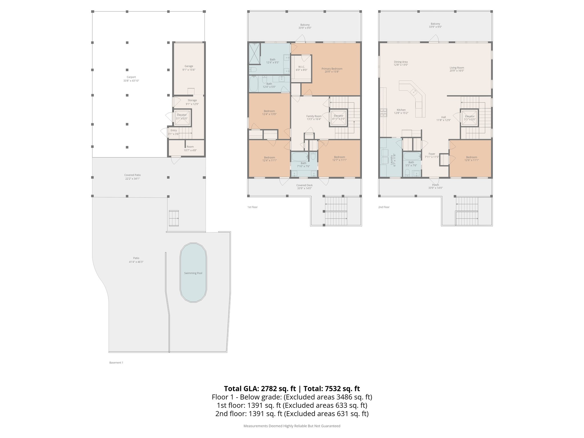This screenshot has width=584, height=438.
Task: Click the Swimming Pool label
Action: tap(193, 273)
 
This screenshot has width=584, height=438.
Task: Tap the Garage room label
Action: tap(189, 66)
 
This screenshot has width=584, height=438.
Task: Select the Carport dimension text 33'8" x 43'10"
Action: tap(131, 81)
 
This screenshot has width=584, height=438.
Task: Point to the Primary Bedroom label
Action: tap(332, 69)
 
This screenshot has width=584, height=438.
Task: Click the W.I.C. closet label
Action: tap(302, 67)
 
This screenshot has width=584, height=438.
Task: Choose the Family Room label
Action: tap(314, 116)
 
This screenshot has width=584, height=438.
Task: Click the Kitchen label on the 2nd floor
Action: tap(401, 110)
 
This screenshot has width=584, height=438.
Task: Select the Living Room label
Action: tap(457, 68)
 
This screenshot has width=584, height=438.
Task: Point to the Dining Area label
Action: tap(401, 62)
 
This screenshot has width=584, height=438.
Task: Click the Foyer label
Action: tap(432, 154)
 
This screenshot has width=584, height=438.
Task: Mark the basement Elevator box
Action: tap(182, 117)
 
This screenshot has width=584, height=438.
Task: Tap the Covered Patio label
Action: tap(133, 175)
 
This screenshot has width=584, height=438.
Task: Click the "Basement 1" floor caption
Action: tap(116, 363)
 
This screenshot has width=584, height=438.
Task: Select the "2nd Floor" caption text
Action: tap(384, 207)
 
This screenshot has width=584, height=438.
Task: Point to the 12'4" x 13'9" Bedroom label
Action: tap(269, 111)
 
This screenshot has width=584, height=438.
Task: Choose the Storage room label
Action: tap(192, 100)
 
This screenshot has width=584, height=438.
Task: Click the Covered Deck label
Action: tap(305, 185)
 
